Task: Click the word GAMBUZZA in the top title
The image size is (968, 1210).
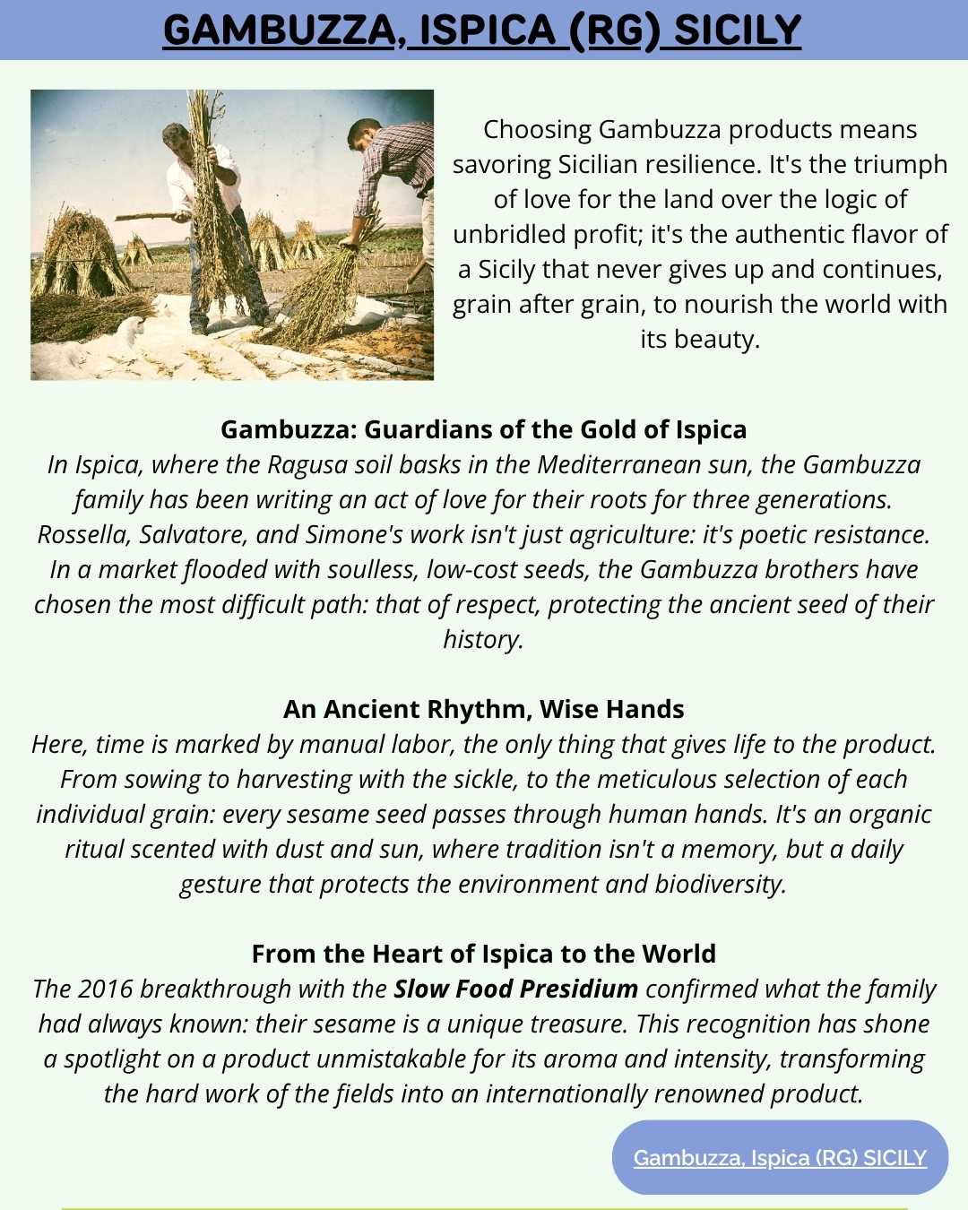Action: (279, 30)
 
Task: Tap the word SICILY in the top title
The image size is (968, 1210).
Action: (737, 30)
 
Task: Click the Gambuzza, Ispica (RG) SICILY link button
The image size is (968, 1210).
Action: (780, 1157)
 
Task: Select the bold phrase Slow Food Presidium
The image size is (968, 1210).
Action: (516, 989)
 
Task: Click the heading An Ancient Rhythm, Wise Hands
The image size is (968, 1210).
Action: (483, 709)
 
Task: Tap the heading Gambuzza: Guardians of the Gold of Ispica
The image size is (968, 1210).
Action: (483, 429)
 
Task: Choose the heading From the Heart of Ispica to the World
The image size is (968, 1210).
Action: (483, 954)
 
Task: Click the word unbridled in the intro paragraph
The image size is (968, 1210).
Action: (509, 234)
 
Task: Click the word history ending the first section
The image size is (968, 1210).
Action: (482, 639)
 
